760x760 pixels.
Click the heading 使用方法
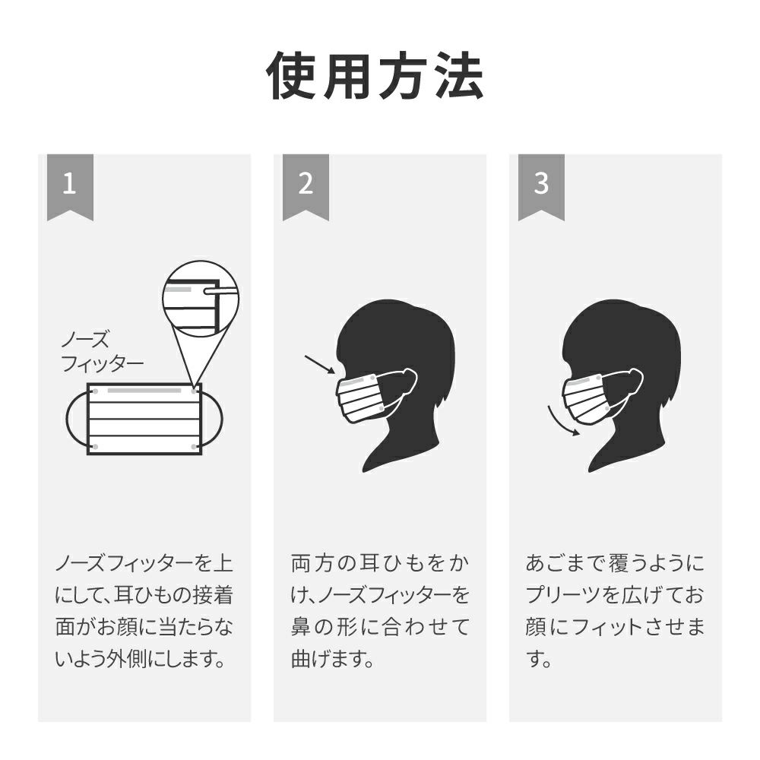[375, 76]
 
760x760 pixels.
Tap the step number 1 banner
[70, 187]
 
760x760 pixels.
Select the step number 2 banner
[306, 187]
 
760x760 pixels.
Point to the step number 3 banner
[541, 187]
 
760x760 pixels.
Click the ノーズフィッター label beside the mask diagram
[103, 351]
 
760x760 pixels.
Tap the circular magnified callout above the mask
[201, 299]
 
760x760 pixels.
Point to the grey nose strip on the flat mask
[144, 390]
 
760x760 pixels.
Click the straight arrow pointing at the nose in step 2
[320, 365]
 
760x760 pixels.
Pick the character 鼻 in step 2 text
[302, 627]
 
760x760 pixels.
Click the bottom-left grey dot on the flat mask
[96, 446]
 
